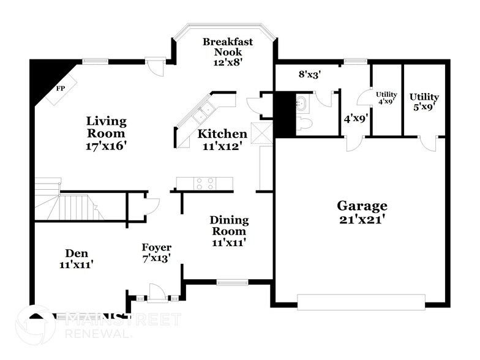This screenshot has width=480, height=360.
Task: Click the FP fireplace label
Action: (x=61, y=88)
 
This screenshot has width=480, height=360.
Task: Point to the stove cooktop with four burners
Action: (x=204, y=182)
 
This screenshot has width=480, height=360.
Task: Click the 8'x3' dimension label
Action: (x=310, y=75)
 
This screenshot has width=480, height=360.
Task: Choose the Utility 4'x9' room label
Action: (x=386, y=98)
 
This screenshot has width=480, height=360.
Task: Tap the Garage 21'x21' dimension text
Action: (x=362, y=212)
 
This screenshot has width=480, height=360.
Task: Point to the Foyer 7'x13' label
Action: (x=156, y=252)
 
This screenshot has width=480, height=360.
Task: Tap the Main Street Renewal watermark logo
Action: (x=98, y=325)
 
